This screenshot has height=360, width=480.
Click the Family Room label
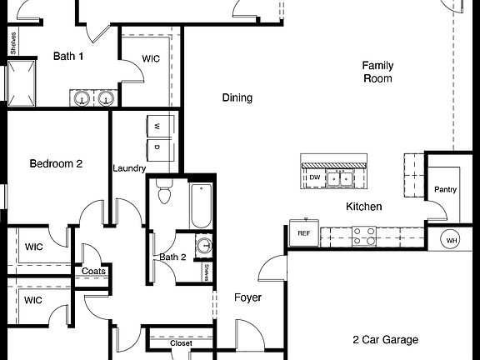click(x=377, y=72)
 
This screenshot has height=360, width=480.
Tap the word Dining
click(x=237, y=97)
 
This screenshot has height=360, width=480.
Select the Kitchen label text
click(x=364, y=207)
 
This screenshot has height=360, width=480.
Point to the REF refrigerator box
click(x=303, y=233)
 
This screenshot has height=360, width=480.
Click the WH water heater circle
click(x=452, y=240)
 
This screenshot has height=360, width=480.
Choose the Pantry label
click(x=445, y=189)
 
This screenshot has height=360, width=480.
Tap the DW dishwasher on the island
click(x=314, y=177)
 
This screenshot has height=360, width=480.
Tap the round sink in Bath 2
click(x=203, y=246)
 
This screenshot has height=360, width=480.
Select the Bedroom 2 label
click(x=56, y=164)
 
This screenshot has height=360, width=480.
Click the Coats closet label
click(x=93, y=271)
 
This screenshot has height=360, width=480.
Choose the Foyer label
click(x=247, y=297)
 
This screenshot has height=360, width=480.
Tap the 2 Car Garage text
click(x=385, y=339)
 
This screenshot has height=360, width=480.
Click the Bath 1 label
click(x=68, y=57)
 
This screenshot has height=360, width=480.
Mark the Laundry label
click(x=129, y=168)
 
